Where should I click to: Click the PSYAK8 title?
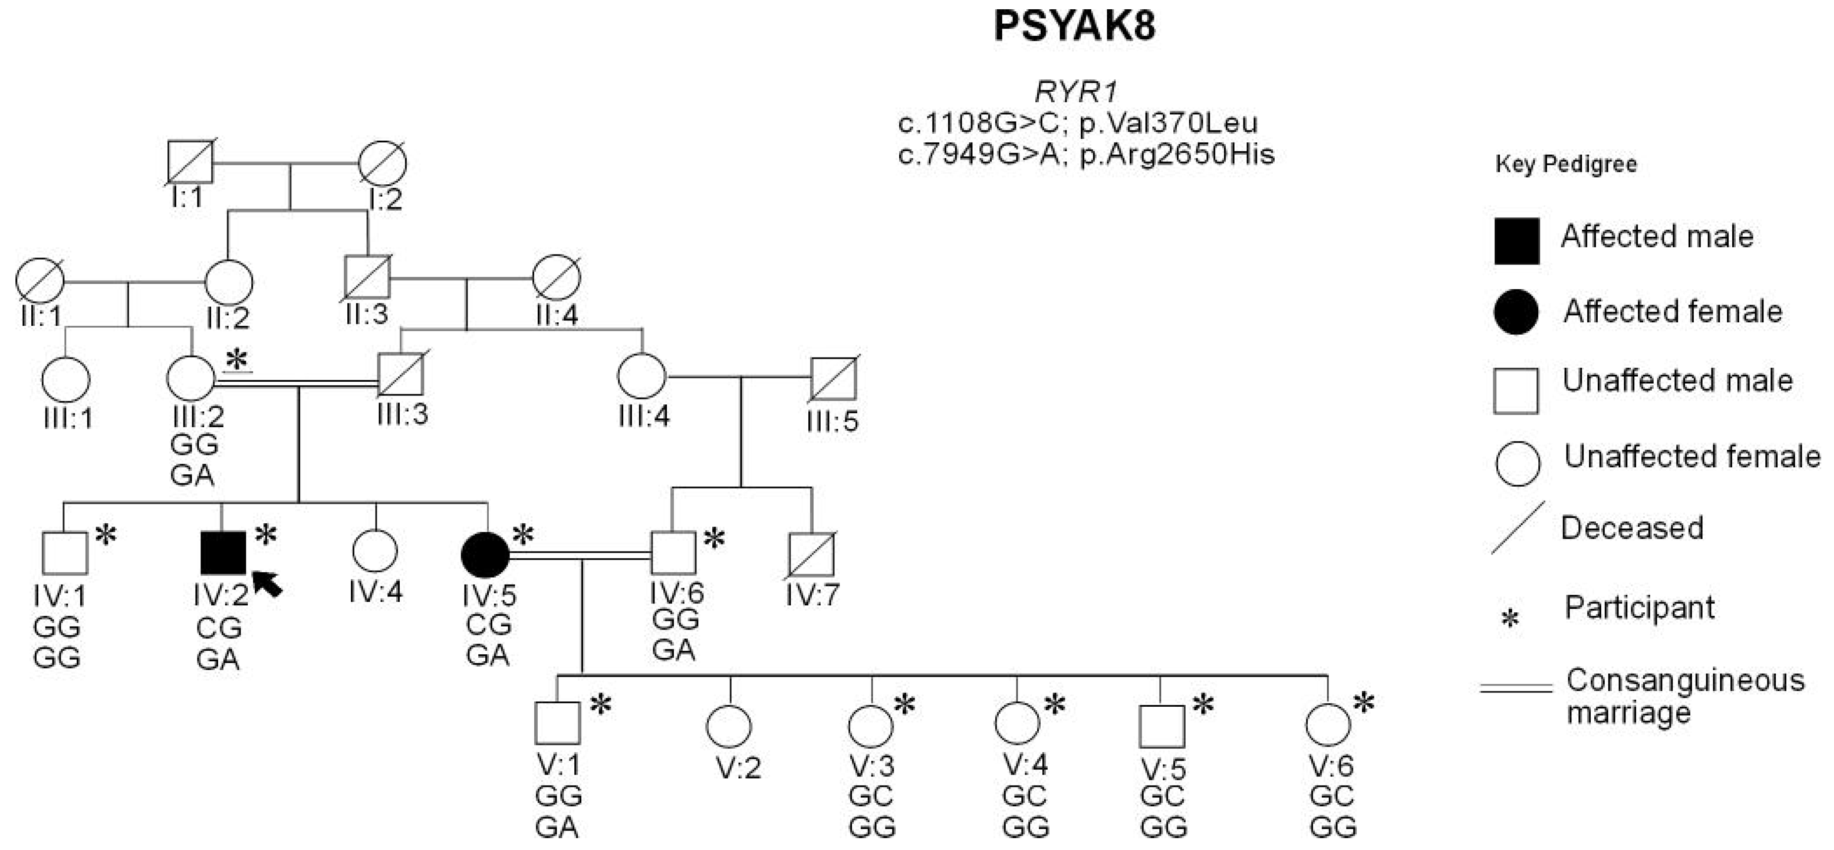point(1074,26)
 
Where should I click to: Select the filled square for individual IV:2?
point(223,552)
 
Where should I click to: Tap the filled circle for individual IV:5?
point(486,554)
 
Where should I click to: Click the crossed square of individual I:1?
point(190,163)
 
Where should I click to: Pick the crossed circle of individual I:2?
point(382,164)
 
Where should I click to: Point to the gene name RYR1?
point(1076,92)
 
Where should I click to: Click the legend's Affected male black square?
point(1517,241)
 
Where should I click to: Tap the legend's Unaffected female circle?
point(1517,463)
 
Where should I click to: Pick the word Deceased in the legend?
point(1632,528)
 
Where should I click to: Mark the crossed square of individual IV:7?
point(811,555)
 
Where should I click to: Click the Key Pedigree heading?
point(1566,164)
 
